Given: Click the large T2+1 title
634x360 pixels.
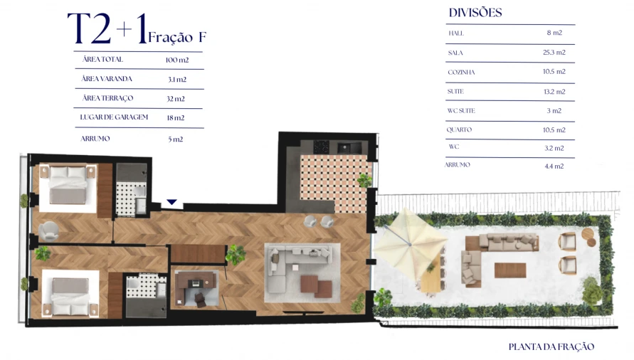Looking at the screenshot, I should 107,29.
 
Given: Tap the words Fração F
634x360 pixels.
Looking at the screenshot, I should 178,36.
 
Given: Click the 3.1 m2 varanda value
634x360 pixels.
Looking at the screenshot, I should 176,80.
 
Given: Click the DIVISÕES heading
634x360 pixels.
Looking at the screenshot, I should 475,13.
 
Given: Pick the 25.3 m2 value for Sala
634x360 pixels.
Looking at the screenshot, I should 554,53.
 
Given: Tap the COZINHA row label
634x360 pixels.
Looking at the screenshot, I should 461,72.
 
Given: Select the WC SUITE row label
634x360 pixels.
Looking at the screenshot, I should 461,111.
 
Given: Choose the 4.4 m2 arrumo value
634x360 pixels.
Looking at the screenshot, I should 554,166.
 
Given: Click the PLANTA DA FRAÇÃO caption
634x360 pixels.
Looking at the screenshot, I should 551,347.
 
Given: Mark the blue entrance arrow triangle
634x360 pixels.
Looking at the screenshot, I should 171,203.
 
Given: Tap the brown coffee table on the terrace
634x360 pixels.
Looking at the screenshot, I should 510,270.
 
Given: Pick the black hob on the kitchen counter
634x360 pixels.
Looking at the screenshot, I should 322,147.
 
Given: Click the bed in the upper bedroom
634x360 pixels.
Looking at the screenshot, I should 69,186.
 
